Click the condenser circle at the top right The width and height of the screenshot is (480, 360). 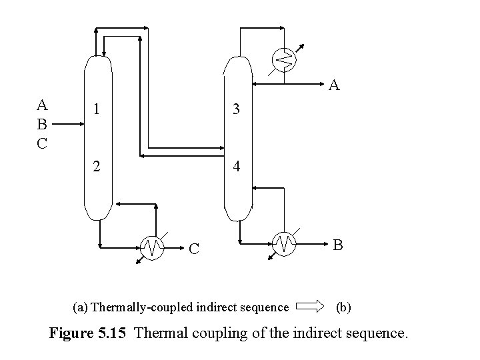pos(284,59)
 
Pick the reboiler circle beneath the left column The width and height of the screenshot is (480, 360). pos(153,247)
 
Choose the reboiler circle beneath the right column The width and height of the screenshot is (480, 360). pos(285,243)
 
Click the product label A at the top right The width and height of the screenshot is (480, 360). pos(335,85)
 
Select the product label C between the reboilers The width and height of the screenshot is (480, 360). pos(193,249)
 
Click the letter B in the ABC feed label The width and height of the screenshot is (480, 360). pos(42,124)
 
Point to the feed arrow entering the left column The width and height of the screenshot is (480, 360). pos(67,124)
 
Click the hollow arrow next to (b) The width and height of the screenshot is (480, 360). pos(309,307)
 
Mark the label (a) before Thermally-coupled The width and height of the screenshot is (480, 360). pos(79,307)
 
